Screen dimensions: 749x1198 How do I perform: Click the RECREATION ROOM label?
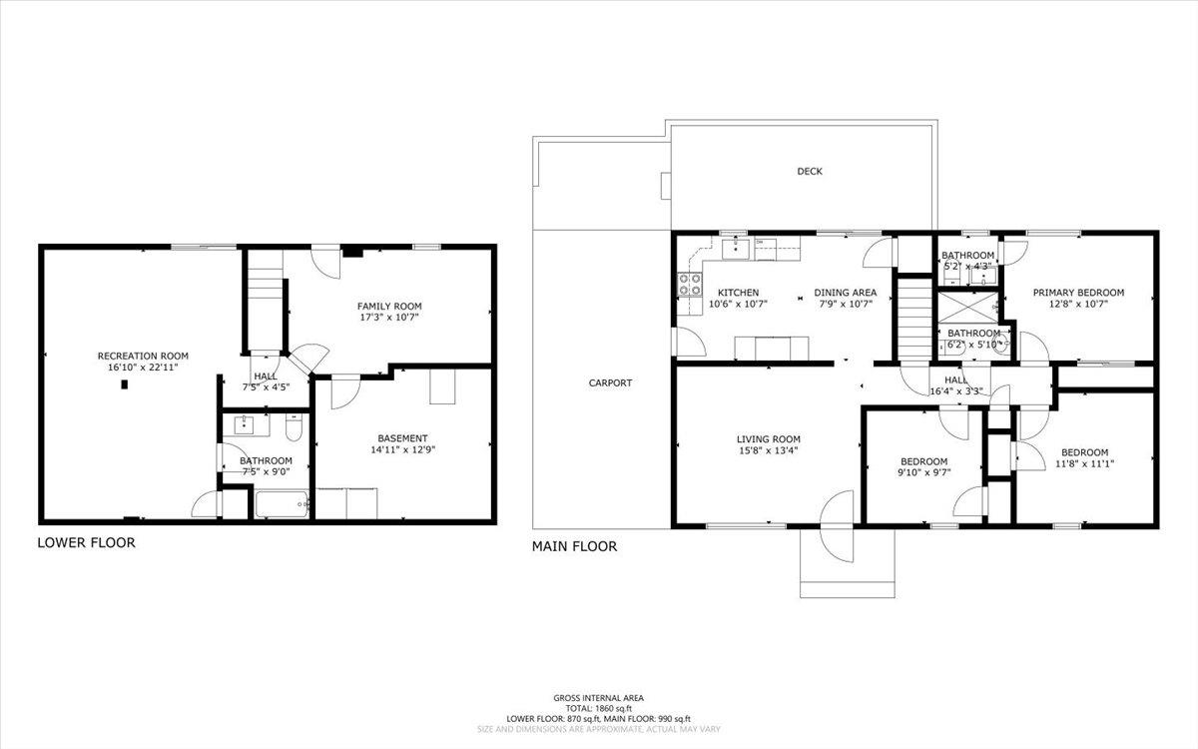tap(142, 356)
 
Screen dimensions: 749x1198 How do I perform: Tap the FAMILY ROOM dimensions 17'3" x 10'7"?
tap(389, 319)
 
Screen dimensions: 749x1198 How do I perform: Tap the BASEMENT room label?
tap(402, 438)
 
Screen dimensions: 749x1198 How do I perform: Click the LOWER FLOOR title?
tap(86, 543)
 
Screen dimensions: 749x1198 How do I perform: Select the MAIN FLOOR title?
tap(574, 546)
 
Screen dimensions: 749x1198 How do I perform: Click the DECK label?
tap(810, 172)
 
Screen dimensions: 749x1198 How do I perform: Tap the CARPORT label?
tap(610, 382)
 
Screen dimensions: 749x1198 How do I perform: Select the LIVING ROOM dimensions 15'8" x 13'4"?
tap(768, 450)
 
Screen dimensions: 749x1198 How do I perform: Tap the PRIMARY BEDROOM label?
tap(1078, 293)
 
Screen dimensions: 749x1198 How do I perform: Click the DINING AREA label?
tap(845, 293)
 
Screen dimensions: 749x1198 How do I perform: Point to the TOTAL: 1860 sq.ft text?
tap(599, 708)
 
